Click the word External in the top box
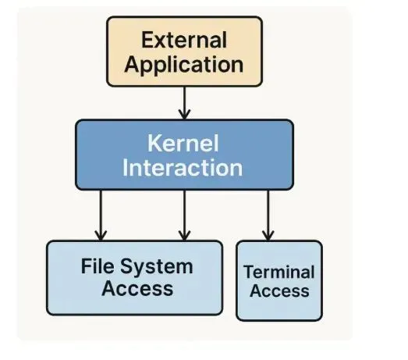(184, 40)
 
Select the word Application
(184, 65)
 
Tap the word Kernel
(183, 143)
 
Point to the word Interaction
(183, 167)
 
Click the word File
(98, 266)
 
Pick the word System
(157, 267)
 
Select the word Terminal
(279, 272)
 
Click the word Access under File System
(137, 288)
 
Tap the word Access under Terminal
(279, 290)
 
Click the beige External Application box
(184, 52)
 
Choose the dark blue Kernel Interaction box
(184, 155)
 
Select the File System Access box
(134, 278)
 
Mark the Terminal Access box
(279, 280)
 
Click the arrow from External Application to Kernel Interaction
(184, 103)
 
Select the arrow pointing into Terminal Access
(268, 216)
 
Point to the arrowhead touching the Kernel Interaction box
(184, 115)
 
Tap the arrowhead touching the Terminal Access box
(268, 236)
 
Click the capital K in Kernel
(154, 143)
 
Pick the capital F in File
(87, 266)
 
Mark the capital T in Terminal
(250, 272)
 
